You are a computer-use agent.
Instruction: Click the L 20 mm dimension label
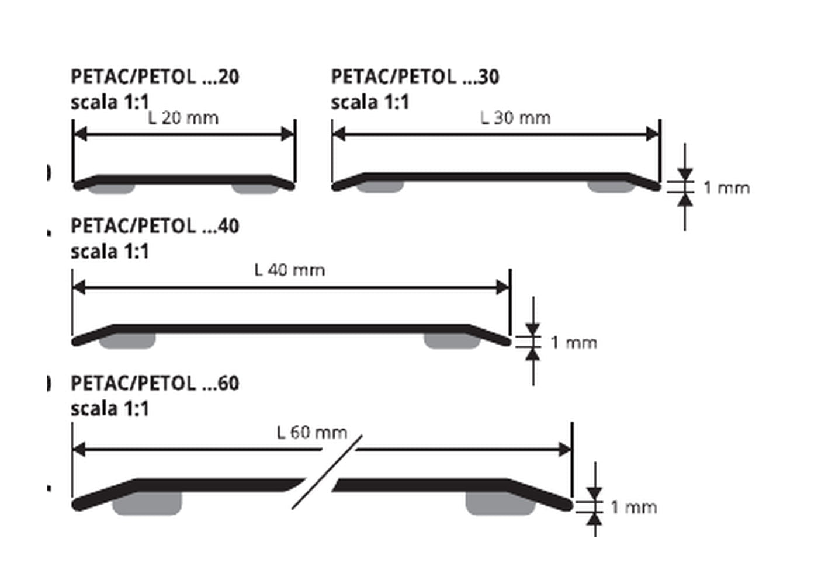pos(183,118)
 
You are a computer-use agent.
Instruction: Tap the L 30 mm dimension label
pos(515,118)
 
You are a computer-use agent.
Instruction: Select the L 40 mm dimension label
pos(290,270)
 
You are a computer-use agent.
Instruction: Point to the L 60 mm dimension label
pos(312,433)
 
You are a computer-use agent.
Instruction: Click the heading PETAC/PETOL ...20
pos(155,77)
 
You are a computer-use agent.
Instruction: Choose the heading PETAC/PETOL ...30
pos(415,77)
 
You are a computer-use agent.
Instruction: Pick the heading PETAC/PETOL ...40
pos(155,226)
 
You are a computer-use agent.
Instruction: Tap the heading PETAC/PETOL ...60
pos(155,383)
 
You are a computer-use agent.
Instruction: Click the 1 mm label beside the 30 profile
pos(727,188)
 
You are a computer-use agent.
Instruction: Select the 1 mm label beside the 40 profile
pos(574,343)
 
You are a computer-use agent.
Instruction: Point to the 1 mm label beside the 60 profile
pos(634,507)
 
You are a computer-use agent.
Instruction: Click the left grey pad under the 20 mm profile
pos(112,189)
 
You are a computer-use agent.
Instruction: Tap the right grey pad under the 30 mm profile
pos(611,186)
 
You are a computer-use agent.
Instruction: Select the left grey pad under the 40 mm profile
pos(127,340)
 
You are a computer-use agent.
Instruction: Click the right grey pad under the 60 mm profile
pos(500,503)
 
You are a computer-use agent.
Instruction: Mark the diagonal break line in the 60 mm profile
pos(327,472)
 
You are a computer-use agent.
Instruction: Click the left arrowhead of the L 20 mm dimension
pos(81,134)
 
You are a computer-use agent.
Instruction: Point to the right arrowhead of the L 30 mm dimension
pos(653,134)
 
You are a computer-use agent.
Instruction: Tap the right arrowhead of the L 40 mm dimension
pos(502,287)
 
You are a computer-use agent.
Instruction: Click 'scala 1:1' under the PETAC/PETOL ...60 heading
pos(110,409)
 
